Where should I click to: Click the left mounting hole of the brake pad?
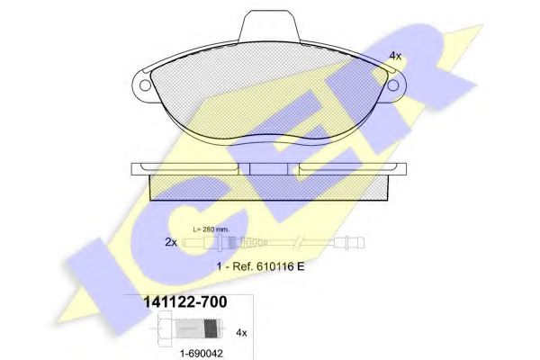point(145,85)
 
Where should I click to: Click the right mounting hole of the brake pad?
point(393,85)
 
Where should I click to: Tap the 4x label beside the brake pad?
point(395,56)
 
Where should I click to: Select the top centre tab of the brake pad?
point(269,26)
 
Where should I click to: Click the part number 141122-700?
point(184,302)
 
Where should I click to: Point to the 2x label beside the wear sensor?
point(171,242)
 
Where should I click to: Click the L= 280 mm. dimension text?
point(211,229)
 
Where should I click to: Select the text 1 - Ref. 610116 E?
point(261,266)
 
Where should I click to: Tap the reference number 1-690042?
point(202,353)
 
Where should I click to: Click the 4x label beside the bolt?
point(241,333)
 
